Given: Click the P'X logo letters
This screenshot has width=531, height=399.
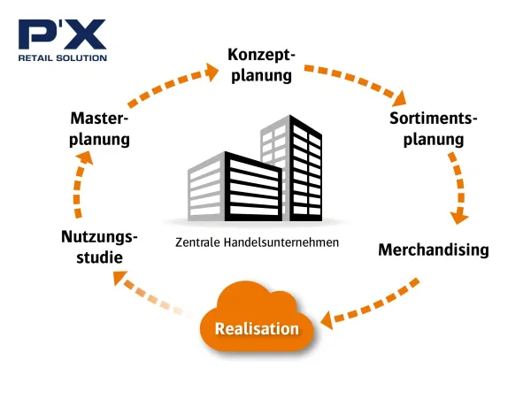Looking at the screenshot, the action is coord(62,35).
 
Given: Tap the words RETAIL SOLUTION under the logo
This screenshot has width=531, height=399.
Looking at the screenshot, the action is coord(63,58).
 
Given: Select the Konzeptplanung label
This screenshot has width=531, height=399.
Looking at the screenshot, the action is coord(261,65).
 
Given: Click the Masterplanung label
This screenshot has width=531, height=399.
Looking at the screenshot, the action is coord(99,129).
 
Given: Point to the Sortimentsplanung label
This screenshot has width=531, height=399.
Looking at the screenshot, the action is coord(434,129).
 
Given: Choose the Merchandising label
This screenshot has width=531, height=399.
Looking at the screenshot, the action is coord(434,250).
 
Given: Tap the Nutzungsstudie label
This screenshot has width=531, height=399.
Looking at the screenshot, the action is coord(99,247).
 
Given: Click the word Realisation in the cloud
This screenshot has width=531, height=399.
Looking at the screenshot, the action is coord(257,328).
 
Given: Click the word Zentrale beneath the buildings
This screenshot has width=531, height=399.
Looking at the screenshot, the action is coord(198,242).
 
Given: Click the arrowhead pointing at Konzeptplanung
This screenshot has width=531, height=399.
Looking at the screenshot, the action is coord(212,72).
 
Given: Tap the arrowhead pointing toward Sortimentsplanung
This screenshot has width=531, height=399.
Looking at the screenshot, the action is coord(400,98).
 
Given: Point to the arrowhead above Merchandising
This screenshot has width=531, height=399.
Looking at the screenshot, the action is coord(458,218).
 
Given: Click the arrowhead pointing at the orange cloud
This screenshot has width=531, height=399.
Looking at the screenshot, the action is coord(327,319).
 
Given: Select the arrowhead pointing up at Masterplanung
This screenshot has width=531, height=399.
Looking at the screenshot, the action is coord(84,157).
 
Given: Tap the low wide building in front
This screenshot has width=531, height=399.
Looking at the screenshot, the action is coord(235,187).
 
